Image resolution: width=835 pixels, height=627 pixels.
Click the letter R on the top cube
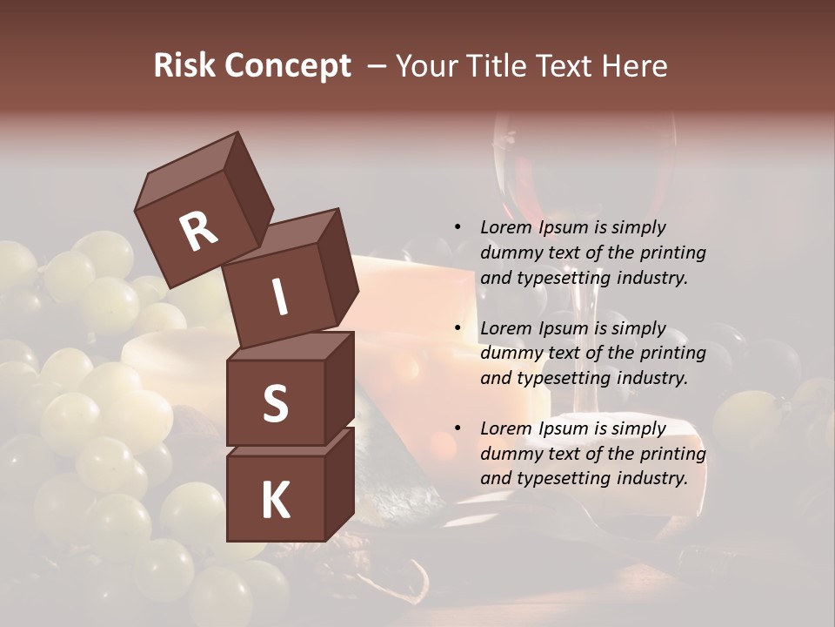click(198, 232)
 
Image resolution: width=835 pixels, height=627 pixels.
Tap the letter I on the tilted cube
click(279, 297)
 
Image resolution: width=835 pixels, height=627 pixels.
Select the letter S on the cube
click(275, 403)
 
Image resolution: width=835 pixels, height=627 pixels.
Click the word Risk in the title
click(184, 66)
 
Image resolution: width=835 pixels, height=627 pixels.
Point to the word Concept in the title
click(287, 66)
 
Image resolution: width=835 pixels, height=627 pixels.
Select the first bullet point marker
click(458, 228)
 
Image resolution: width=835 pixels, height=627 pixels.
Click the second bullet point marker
click(458, 329)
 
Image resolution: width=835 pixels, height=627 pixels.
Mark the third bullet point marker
click(458, 429)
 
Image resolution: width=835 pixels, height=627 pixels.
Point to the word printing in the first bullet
click(673, 253)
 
